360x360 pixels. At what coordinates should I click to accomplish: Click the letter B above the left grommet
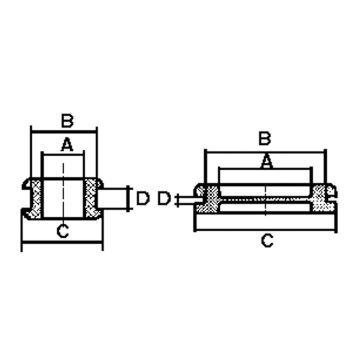pos(67,121)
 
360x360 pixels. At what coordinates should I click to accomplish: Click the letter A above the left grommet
pos(67,145)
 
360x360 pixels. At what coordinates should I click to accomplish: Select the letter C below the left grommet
pos(63,231)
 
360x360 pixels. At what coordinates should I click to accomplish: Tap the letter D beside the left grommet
pos(143,199)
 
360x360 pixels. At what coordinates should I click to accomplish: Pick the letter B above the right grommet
pos(265,138)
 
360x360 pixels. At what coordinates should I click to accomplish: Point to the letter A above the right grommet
pos(267,161)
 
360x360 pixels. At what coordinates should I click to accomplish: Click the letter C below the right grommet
pos(267,240)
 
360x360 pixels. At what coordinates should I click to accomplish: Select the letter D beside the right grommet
pos(164,199)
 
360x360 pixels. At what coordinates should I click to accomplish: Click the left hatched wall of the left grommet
pos(35,198)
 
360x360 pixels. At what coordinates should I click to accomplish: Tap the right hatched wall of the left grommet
pos(91,198)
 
